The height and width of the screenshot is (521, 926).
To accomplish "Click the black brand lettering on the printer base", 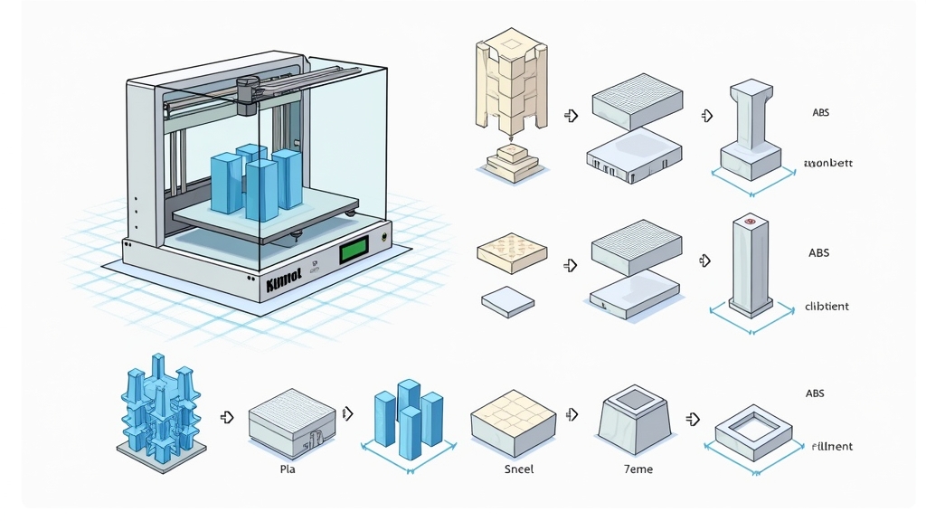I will click(x=287, y=286).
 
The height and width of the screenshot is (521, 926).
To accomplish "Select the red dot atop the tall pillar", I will click(x=749, y=221).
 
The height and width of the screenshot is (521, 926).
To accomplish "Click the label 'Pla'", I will click(x=288, y=469).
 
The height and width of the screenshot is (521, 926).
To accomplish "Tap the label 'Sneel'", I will click(x=519, y=469).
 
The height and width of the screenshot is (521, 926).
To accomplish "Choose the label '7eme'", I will click(x=638, y=469).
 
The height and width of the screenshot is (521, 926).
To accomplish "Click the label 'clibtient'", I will click(x=827, y=307).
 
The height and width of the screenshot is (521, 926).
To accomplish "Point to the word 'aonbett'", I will click(x=827, y=165).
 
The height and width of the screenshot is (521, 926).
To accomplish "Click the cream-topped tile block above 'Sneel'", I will click(x=512, y=421).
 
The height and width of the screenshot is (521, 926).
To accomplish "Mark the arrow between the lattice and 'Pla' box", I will click(x=227, y=417).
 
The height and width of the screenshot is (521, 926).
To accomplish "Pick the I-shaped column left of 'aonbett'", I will click(x=750, y=127).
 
